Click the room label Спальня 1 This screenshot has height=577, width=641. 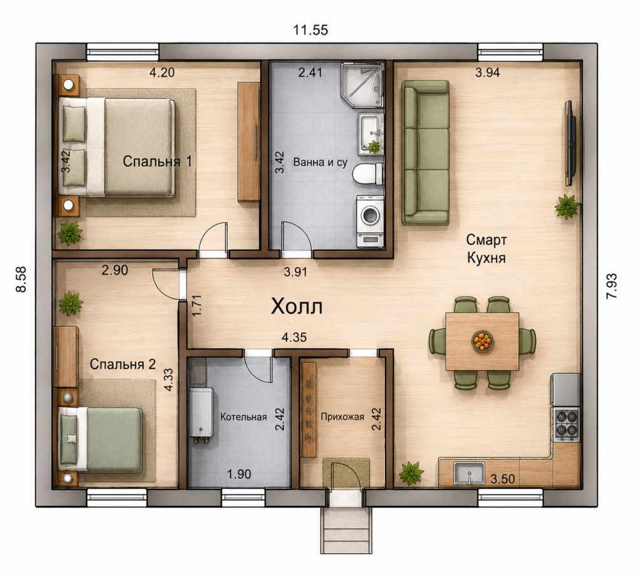click(157, 161)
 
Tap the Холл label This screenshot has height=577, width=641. click(297, 306)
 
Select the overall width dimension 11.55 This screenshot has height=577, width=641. click(310, 30)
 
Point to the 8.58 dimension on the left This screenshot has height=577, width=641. click(21, 279)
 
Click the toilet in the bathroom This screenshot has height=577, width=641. click(368, 173)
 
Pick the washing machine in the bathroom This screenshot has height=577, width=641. click(371, 221)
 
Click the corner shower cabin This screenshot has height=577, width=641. click(363, 84)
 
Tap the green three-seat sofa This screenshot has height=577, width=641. click(425, 153)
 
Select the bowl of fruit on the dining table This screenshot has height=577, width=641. click(483, 341)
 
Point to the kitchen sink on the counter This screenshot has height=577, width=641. click(469, 474)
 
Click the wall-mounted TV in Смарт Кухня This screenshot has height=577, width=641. click(571, 143)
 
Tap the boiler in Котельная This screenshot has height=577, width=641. click(201, 414)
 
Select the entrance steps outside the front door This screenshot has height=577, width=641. click(346, 530)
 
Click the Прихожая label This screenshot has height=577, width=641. click(342, 417)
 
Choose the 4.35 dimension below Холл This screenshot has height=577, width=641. click(294, 337)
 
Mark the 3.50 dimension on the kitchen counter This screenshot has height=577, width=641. click(503, 479)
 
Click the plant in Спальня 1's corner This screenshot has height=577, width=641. click(69, 233)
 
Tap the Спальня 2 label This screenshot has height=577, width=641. click(123, 364)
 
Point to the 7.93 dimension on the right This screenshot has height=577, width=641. click(612, 286)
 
